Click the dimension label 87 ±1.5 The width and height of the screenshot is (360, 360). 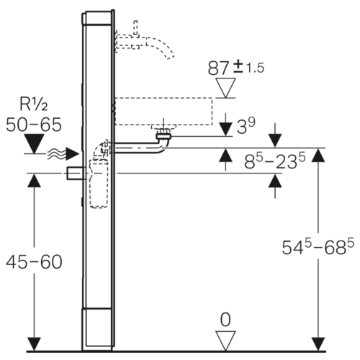pyautogui.click(x=235, y=68)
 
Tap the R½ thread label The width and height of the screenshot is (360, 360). pyautogui.click(x=34, y=104)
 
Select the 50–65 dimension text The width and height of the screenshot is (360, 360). pyautogui.click(x=34, y=125)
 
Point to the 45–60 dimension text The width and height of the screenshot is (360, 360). pyautogui.click(x=34, y=261)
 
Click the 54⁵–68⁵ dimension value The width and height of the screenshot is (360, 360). pyautogui.click(x=318, y=247)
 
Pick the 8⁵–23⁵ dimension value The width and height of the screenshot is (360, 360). pyautogui.click(x=275, y=161)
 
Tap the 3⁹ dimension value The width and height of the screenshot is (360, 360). pyautogui.click(x=246, y=126)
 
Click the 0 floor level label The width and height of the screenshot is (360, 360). pyautogui.click(x=225, y=320)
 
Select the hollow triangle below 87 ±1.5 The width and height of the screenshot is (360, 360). pyautogui.click(x=225, y=88)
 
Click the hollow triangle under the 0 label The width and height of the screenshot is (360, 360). pyautogui.click(x=225, y=341)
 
